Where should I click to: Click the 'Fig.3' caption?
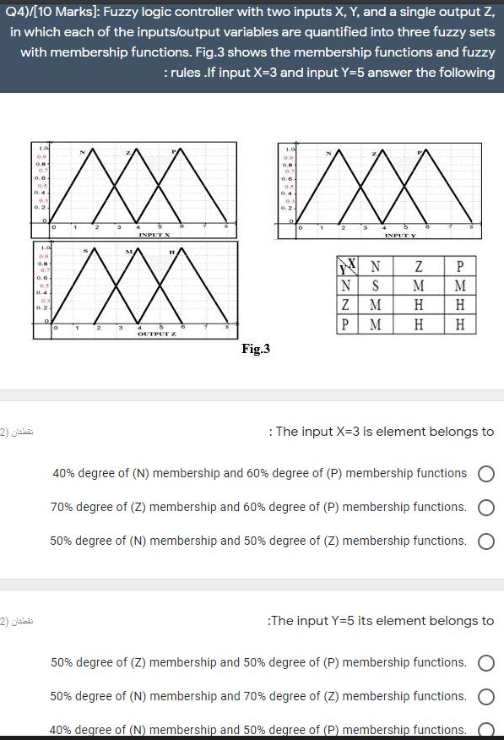click(x=255, y=347)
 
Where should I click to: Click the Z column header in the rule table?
click(x=417, y=267)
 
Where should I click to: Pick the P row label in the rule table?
click(x=348, y=324)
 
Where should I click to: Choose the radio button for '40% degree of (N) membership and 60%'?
click(x=485, y=474)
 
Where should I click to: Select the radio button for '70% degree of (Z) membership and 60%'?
click(x=485, y=508)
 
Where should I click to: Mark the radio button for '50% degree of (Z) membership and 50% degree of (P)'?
click(x=485, y=663)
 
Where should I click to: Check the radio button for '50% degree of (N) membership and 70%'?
click(x=485, y=697)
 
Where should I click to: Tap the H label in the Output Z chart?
click(x=171, y=251)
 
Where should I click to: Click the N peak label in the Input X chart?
click(x=81, y=152)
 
